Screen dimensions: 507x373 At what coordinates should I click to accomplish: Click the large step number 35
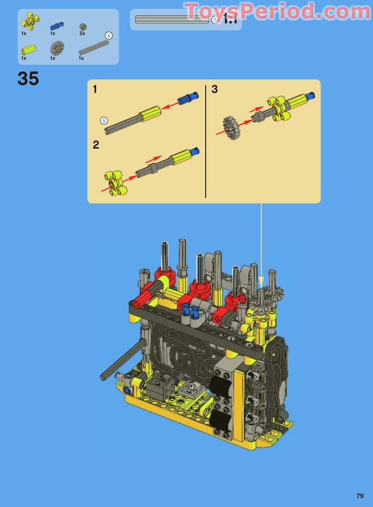(28, 79)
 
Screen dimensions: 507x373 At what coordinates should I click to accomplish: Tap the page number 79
(359, 496)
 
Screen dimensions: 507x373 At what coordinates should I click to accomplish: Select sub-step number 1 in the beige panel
(95, 89)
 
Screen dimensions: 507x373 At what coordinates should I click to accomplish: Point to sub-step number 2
(96, 144)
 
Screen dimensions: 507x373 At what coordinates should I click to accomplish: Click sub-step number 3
(215, 89)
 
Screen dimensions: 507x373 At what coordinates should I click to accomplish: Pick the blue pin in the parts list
(57, 26)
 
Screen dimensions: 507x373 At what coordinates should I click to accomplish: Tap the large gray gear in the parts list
(57, 48)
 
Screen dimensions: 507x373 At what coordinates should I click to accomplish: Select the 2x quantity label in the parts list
(82, 34)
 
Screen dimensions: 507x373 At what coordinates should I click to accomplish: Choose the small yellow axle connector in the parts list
(29, 50)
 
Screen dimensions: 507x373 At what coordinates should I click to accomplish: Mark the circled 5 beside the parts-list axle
(109, 36)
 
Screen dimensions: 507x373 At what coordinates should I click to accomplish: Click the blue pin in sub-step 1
(189, 99)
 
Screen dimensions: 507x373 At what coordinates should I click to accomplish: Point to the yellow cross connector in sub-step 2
(114, 183)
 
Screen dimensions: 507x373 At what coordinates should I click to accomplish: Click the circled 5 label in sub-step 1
(104, 121)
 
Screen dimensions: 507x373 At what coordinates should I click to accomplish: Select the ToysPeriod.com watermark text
(278, 11)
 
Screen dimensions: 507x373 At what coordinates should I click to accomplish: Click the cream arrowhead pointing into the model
(261, 282)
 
